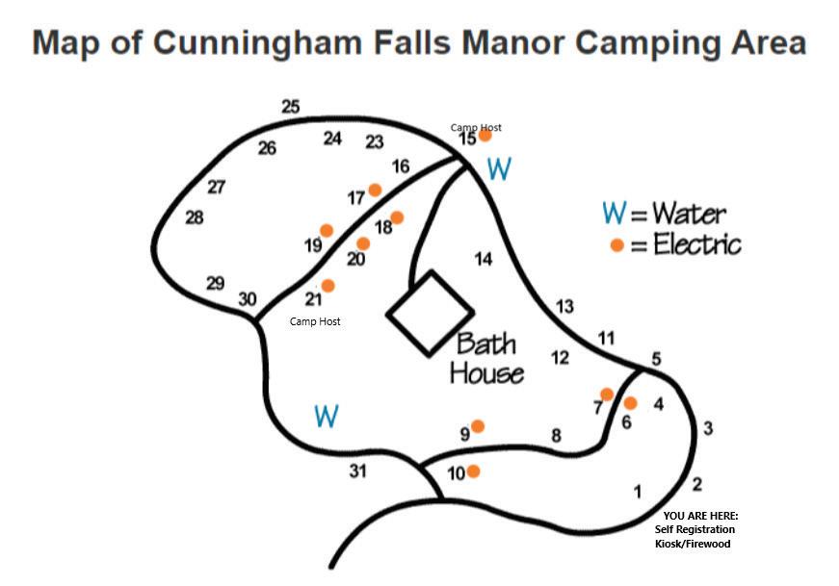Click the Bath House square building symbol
click(x=430, y=312)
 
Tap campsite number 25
click(x=291, y=107)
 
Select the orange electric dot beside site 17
click(x=375, y=190)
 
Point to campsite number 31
click(x=357, y=471)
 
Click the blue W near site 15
click(x=499, y=169)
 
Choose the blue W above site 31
click(x=327, y=416)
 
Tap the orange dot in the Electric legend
click(x=616, y=245)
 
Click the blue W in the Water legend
click(x=613, y=212)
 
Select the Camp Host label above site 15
click(x=476, y=127)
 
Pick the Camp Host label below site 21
click(x=315, y=321)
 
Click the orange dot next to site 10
click(x=473, y=471)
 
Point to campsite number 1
click(x=636, y=492)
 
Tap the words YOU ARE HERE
click(x=700, y=517)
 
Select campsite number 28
click(x=195, y=218)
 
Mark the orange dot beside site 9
click(x=477, y=425)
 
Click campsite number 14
click(x=484, y=259)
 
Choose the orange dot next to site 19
click(x=327, y=231)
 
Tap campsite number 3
click(x=708, y=428)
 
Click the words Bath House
click(x=486, y=358)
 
